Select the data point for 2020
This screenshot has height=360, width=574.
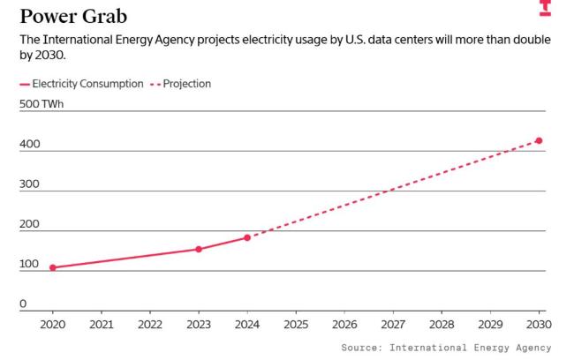click(x=53, y=267)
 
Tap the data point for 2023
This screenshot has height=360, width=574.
click(x=199, y=249)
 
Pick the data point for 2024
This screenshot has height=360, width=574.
click(x=247, y=237)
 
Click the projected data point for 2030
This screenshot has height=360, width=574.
click(x=539, y=140)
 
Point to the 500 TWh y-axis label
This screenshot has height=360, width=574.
click(x=42, y=104)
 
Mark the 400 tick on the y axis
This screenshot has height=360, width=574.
click(x=29, y=144)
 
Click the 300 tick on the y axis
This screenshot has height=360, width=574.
click(x=29, y=184)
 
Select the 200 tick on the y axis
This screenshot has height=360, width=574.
click(x=29, y=224)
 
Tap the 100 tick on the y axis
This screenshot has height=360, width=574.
click(x=29, y=264)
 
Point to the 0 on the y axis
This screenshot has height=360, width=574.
click(x=23, y=304)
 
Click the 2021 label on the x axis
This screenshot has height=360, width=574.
click(x=102, y=323)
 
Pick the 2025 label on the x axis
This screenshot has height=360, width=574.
click(x=296, y=323)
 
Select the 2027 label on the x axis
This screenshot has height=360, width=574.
click(x=393, y=323)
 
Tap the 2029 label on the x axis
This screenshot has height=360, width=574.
click(x=490, y=323)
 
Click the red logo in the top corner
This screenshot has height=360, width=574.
click(x=545, y=8)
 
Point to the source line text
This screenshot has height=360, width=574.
click(x=446, y=348)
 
